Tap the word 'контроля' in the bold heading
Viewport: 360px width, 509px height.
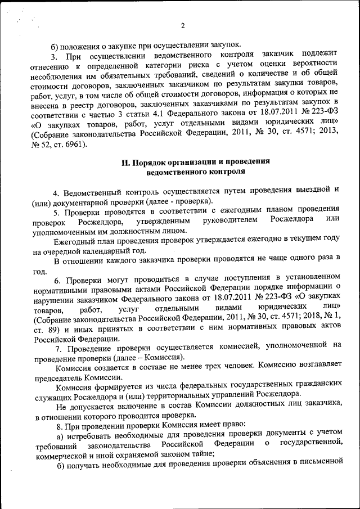click(x=228, y=172)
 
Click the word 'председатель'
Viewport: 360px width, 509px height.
click(x=58, y=379)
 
